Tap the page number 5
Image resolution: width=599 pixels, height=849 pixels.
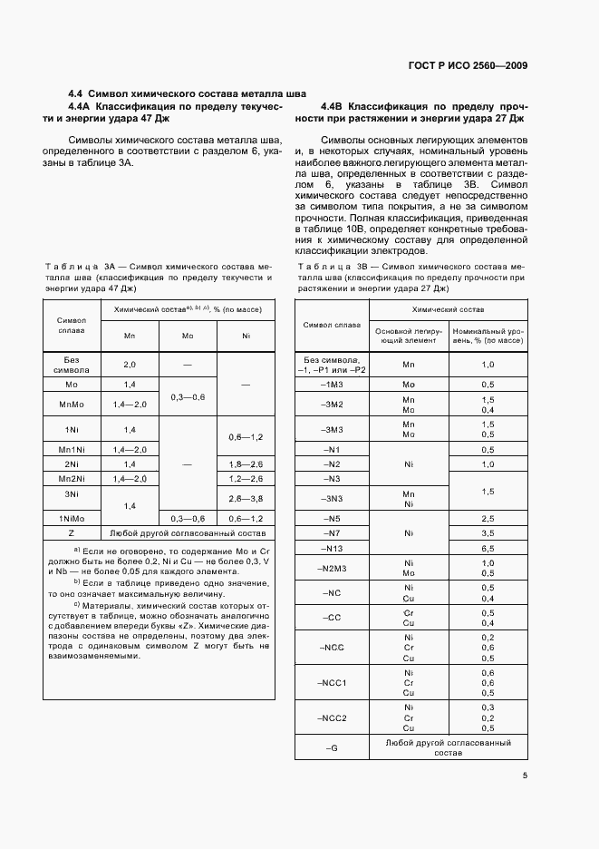pos(526,775)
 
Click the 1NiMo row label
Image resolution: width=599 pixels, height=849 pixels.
pos(72,518)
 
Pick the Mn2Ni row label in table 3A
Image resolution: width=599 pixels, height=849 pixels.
pos(72,478)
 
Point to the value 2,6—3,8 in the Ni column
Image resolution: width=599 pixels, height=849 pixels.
pos(246,499)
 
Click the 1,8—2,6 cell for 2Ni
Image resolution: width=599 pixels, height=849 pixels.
pos(246,463)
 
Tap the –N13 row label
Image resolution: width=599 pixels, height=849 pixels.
pos(331,549)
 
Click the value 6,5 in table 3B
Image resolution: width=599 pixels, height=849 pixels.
pos(488,549)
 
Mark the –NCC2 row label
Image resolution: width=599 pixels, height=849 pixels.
pos(331,717)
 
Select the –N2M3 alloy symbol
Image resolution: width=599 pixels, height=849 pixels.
pos(331,568)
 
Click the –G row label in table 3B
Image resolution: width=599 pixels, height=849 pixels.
pos(331,748)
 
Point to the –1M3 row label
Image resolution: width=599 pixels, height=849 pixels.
pos(331,384)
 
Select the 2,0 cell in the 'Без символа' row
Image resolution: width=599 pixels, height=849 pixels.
pos(130,364)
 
